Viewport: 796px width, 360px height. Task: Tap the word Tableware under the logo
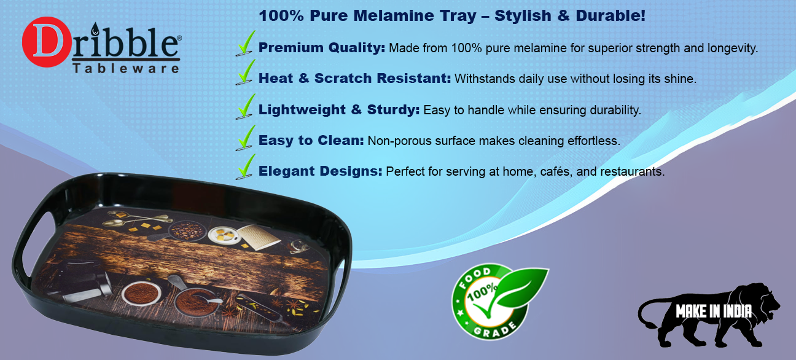pyautogui.click(x=126, y=68)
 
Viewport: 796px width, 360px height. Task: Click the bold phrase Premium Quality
pyautogui.click(x=321, y=47)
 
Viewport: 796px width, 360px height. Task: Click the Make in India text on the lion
pyautogui.click(x=714, y=311)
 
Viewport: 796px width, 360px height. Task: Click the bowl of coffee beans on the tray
pyautogui.click(x=182, y=230)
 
